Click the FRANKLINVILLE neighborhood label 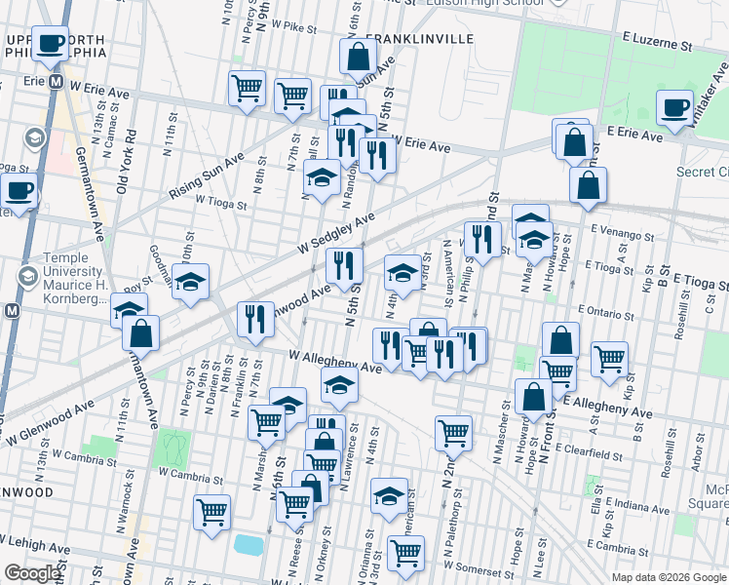click(420, 38)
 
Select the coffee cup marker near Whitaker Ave click(674, 108)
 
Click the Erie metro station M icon click(56, 82)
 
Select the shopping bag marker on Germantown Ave click(141, 332)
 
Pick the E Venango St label click(621, 234)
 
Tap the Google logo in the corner click(33, 573)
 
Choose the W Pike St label click(283, 28)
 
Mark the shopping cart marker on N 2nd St click(453, 432)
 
